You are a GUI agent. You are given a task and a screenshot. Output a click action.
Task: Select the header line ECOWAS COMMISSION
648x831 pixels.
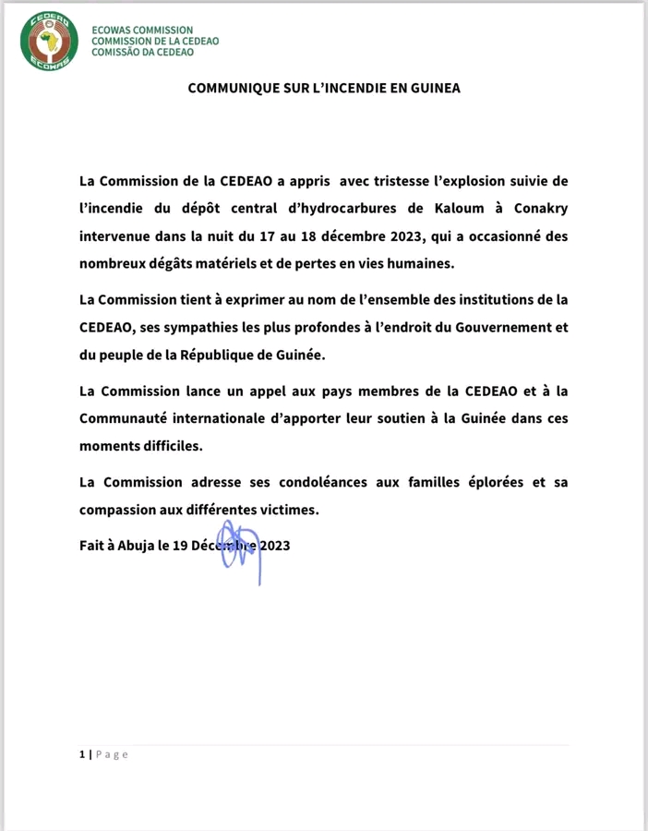tap(142, 30)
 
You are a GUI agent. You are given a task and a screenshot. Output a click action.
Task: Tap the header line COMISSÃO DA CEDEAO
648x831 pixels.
tap(142, 53)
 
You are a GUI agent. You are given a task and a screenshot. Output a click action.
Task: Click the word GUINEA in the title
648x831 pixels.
tap(432, 89)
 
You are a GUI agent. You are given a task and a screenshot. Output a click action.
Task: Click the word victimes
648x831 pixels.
tap(285, 510)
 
